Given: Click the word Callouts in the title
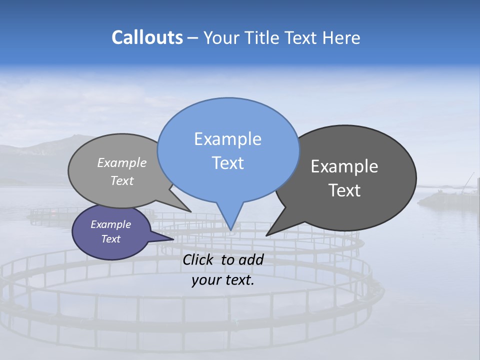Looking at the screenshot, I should click(x=147, y=38).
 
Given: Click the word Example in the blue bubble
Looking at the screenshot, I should click(x=228, y=139).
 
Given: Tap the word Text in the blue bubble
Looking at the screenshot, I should click(x=228, y=163).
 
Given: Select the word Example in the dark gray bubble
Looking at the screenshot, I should click(x=344, y=166).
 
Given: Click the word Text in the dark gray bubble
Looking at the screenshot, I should click(x=344, y=190).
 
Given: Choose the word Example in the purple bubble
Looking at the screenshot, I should click(x=111, y=224).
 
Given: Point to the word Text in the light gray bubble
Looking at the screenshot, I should click(x=122, y=180).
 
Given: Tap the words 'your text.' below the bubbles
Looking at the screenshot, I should click(x=223, y=280).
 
